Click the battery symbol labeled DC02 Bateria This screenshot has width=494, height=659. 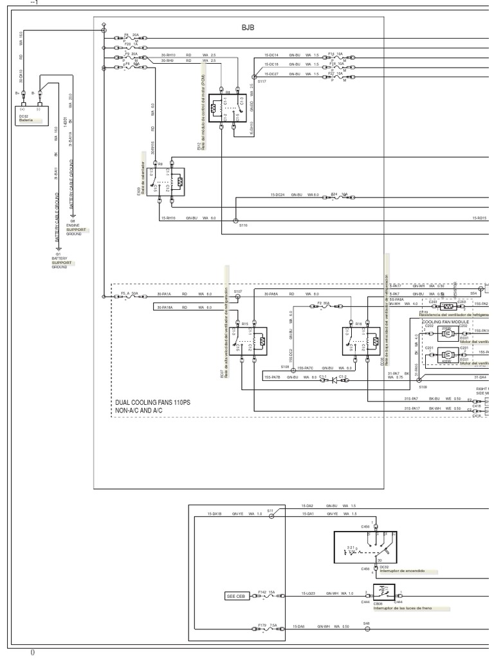pos(32,114)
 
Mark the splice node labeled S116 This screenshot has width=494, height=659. pos(235,219)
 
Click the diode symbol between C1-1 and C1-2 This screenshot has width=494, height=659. pos(333,379)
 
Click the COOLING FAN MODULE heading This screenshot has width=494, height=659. pos(446,320)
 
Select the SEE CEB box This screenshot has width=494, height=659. pos(235,596)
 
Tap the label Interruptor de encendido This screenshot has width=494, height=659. pos(403,571)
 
